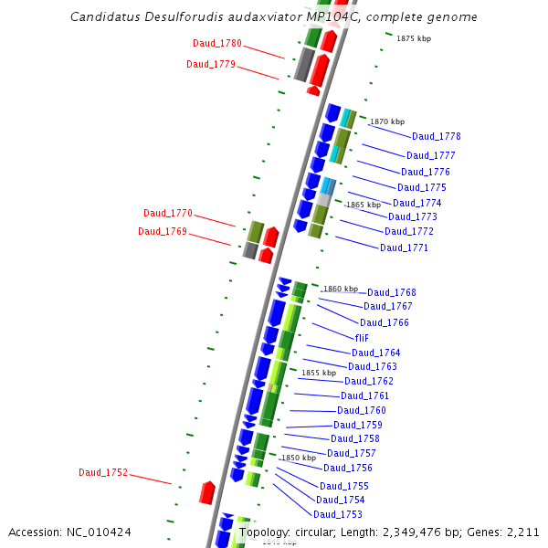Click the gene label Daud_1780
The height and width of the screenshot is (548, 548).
pyautogui.click(x=217, y=44)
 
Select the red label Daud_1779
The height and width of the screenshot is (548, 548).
pyautogui.click(x=211, y=65)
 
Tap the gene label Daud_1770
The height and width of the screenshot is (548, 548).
pyautogui.click(x=168, y=214)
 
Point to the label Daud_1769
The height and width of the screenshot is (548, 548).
pyautogui.click(x=163, y=232)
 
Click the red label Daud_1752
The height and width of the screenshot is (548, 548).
pyautogui.click(x=103, y=473)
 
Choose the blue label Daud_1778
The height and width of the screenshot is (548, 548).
pyautogui.click(x=437, y=137)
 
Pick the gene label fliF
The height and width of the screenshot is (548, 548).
pyautogui.click(x=362, y=338)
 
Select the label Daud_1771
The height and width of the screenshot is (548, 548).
pyautogui.click(x=405, y=248)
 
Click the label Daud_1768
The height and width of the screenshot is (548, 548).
pyautogui.click(x=392, y=293)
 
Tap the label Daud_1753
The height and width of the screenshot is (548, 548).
pyautogui.click(x=338, y=515)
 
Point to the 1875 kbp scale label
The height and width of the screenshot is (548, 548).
pyautogui.click(x=414, y=38)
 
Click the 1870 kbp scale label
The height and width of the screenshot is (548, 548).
pyautogui.click(x=386, y=121)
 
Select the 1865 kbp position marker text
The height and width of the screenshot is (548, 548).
pyautogui.click(x=364, y=205)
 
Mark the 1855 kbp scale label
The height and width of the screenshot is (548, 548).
pyautogui.click(x=319, y=373)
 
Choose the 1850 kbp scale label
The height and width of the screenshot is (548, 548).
pyautogui.click(x=299, y=458)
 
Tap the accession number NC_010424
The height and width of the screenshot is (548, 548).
pyautogui.click(x=101, y=532)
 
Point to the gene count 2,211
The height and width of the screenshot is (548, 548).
pyautogui.click(x=522, y=532)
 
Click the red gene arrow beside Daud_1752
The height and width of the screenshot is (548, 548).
pyautogui.click(x=207, y=493)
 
